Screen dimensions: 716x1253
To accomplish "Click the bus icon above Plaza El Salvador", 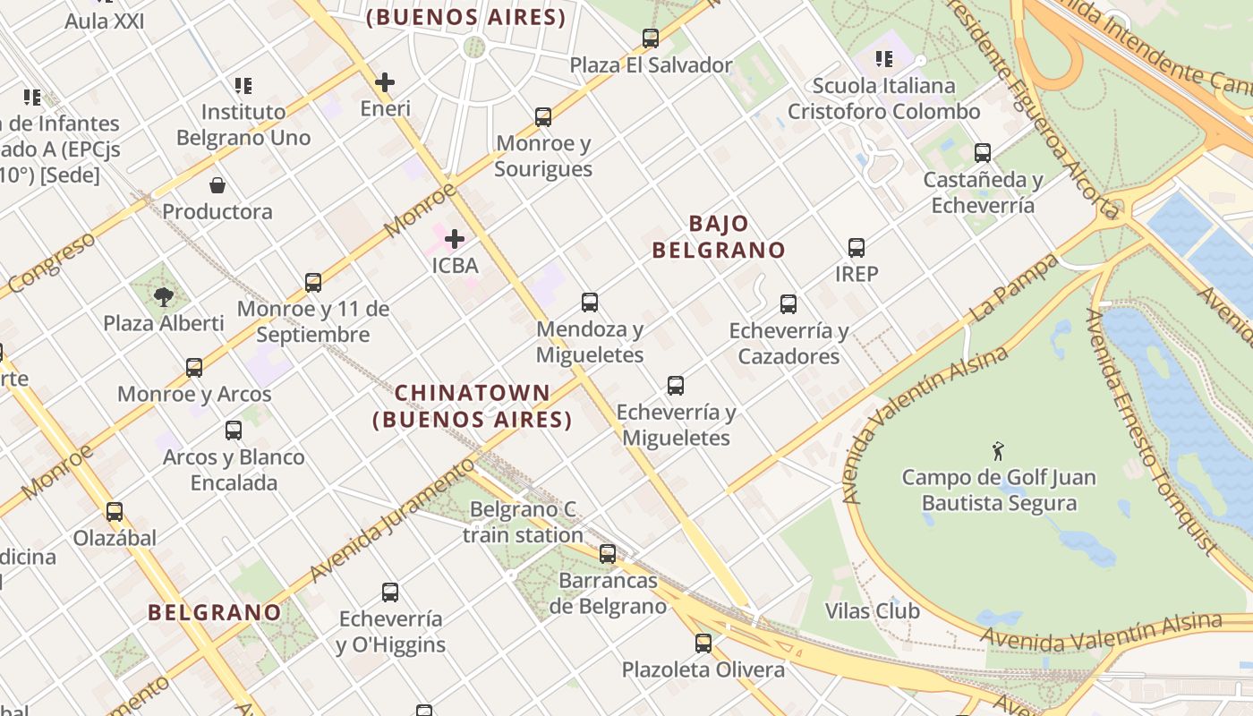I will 651,38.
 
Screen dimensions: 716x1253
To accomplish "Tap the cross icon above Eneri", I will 385,82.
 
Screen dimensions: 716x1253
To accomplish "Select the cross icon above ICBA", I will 455,239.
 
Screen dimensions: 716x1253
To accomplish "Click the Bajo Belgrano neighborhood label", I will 718,237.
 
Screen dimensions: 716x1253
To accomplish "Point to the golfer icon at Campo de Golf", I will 999,451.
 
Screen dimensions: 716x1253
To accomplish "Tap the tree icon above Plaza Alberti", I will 163,296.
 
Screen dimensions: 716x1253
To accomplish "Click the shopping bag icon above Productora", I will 217,185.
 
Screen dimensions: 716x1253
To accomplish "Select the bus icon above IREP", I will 857,248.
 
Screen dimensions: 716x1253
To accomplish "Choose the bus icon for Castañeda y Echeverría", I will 983,153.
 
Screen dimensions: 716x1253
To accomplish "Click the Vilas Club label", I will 872,611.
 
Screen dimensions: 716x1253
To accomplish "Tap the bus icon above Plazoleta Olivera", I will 703,643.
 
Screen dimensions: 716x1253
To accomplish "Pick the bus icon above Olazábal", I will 115,512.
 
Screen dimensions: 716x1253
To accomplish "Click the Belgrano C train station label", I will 524,523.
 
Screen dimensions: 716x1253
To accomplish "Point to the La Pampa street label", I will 1013,289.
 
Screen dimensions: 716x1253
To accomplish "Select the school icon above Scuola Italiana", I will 884,59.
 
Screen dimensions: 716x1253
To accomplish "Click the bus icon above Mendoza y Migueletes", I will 590,303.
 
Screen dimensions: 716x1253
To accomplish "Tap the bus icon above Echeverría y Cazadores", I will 788,304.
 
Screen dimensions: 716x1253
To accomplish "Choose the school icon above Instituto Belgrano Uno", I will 243,86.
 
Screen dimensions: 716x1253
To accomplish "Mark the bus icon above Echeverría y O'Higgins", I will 390,592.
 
